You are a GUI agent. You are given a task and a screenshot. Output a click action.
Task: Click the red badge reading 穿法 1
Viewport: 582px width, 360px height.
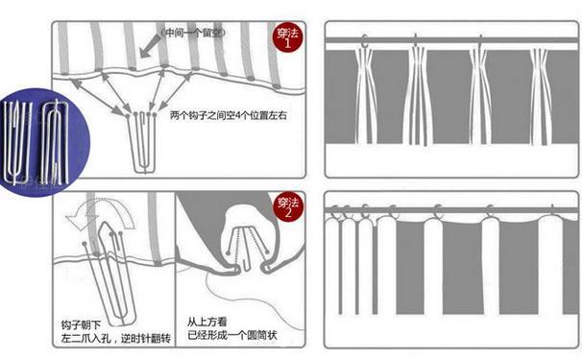[x=288, y=38]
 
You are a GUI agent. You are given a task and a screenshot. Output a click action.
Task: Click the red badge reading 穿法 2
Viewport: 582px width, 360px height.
[x=288, y=208]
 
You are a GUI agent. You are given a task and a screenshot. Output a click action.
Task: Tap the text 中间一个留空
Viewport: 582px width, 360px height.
[x=193, y=33]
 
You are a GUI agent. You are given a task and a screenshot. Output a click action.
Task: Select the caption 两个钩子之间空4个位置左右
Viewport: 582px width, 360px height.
[x=229, y=115]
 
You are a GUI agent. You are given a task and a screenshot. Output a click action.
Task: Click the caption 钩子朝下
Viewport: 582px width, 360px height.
[x=81, y=325]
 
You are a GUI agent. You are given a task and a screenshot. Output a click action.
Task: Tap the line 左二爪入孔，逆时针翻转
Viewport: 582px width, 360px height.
[x=116, y=339]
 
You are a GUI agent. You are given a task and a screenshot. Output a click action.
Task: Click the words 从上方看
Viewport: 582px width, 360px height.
[x=206, y=322]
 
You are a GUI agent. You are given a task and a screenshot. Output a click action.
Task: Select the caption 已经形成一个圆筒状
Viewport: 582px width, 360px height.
[x=232, y=335]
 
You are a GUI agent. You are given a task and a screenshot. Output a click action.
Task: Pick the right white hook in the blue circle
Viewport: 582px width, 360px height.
[x=55, y=143]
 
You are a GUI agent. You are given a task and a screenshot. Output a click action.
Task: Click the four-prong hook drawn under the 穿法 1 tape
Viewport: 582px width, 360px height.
[x=142, y=143]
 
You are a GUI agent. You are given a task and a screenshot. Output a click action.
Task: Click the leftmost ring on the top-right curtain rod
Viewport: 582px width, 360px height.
[x=365, y=41]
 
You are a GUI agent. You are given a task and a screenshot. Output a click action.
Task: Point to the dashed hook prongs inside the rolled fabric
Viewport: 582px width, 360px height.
[x=246, y=243]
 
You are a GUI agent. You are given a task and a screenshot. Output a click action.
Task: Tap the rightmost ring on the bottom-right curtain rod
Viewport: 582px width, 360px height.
[x=552, y=211]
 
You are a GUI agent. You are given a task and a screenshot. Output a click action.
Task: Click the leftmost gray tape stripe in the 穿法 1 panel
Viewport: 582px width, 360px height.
[x=63, y=48]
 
